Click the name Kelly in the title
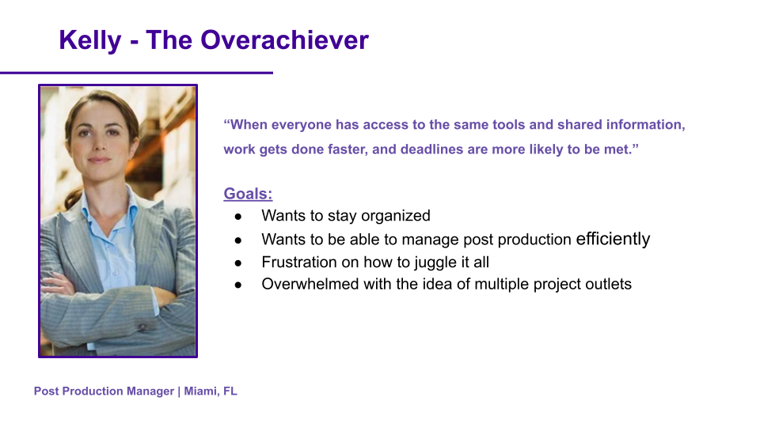[90, 40]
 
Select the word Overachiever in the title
[284, 40]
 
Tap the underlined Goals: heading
[248, 194]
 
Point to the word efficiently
[613, 239]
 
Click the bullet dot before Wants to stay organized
[238, 217]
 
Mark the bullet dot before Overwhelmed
[238, 285]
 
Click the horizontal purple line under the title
[137, 73]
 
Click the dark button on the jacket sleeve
[142, 327]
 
